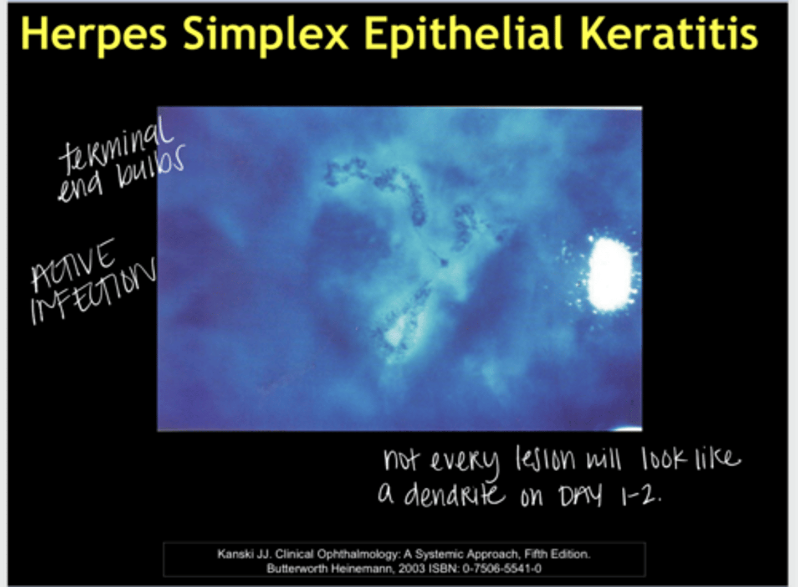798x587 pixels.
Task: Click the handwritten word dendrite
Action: [x=454, y=494]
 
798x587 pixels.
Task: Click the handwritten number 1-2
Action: [x=641, y=495]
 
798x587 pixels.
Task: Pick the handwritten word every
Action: [x=465, y=461]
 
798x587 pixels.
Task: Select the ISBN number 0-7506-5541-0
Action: [x=502, y=569]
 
